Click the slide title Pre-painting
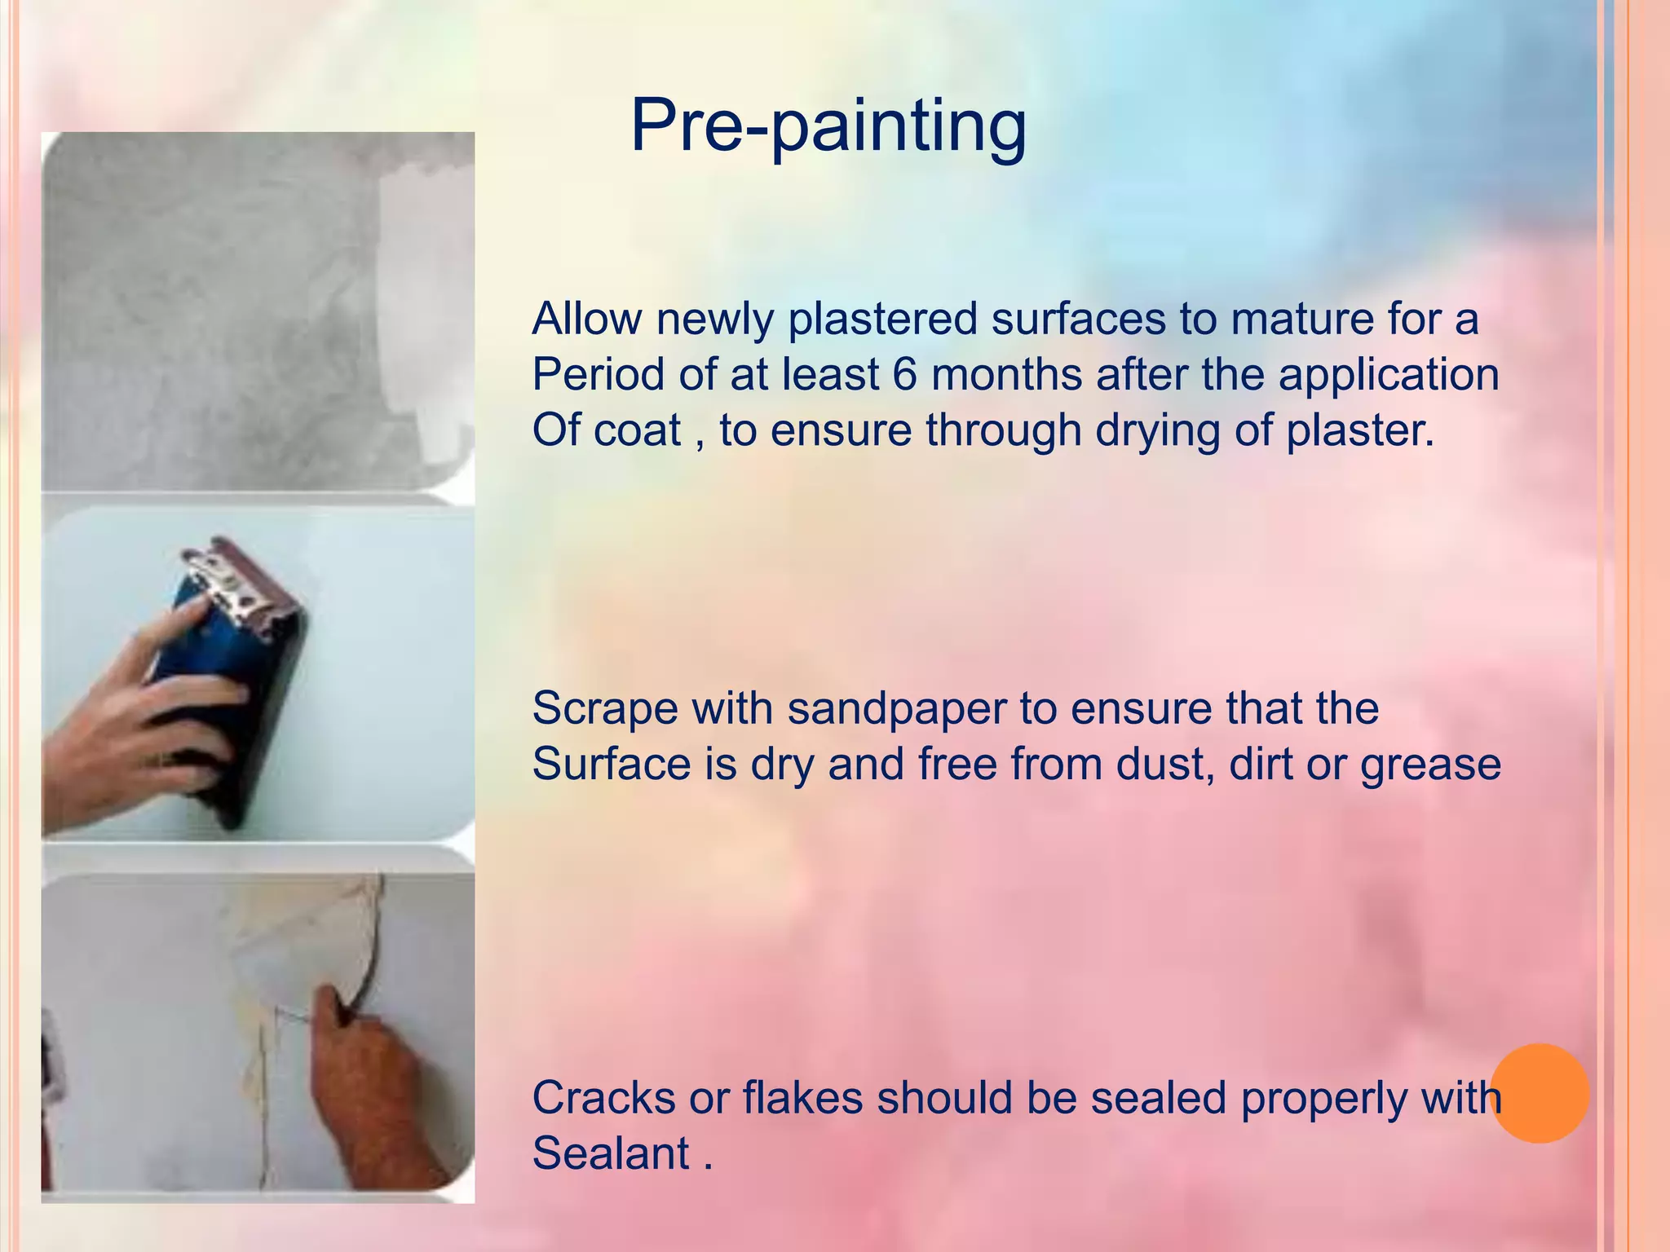[828, 126]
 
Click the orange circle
[1540, 1093]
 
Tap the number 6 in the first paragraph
[904, 375]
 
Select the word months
[1006, 375]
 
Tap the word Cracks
[603, 1098]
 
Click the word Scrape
[604, 708]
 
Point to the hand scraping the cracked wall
[367, 1076]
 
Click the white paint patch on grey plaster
[424, 310]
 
